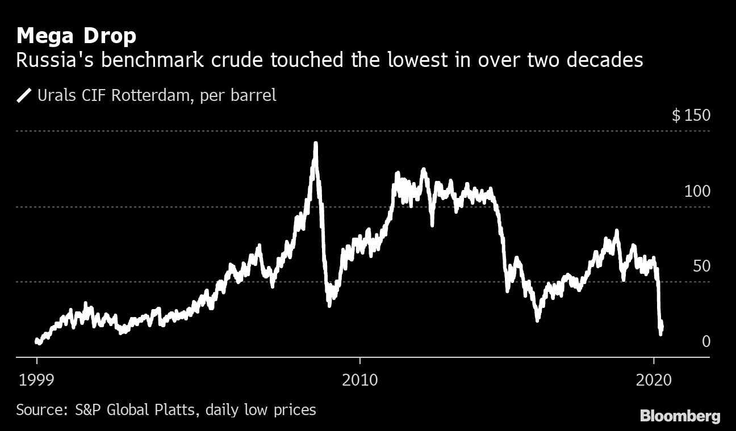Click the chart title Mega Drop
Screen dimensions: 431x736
click(x=76, y=36)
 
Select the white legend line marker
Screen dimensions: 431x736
click(x=24, y=95)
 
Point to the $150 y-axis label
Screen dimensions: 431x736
click(x=691, y=116)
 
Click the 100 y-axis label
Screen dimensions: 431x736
click(x=697, y=191)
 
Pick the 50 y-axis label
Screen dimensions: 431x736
click(x=701, y=266)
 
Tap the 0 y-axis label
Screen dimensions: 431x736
click(x=706, y=341)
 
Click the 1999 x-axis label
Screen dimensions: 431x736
click(x=37, y=379)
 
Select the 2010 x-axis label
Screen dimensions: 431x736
click(x=359, y=379)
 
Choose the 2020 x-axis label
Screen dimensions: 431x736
click(x=654, y=379)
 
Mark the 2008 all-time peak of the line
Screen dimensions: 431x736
click(x=316, y=143)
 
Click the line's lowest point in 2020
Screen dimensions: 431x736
click(x=660, y=334)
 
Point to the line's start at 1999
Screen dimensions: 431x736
click(x=37, y=340)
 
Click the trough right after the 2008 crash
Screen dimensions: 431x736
click(x=329, y=305)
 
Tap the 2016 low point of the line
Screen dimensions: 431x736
click(x=537, y=320)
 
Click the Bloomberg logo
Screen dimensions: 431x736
click(x=680, y=416)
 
